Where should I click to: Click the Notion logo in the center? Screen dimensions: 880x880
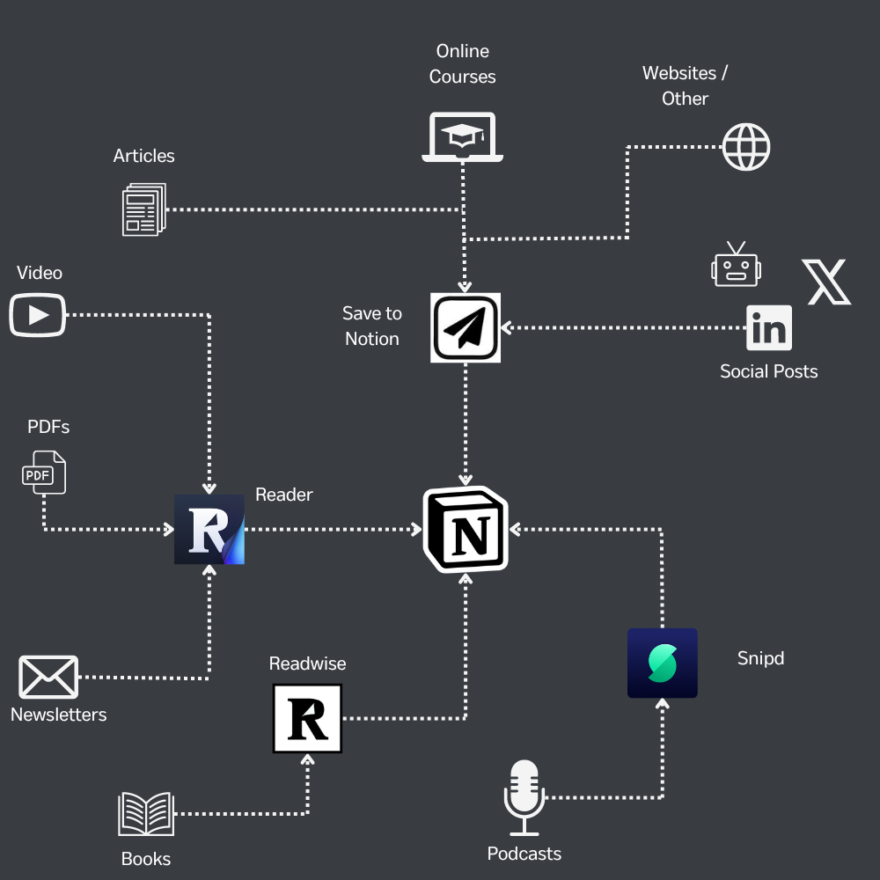466,530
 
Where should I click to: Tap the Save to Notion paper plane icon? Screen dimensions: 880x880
466,327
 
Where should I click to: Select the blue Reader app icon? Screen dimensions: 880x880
209,529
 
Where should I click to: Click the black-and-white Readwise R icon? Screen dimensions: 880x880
307,719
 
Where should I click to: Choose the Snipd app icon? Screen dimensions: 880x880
662,663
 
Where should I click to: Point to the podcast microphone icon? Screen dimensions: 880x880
524,797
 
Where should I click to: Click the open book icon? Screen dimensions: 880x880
146,814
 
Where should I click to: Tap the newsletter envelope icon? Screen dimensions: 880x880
48,678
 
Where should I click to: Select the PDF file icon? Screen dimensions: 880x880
43,473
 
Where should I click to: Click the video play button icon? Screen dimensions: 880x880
38,314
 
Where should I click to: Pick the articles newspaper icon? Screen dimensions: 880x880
143,209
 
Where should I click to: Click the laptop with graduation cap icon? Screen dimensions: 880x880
463,137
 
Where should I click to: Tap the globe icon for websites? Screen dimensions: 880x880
746,146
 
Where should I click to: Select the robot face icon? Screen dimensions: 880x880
736,265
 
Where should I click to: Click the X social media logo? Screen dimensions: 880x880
826,282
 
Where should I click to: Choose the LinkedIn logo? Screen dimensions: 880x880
769,328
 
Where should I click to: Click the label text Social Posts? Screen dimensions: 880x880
768,371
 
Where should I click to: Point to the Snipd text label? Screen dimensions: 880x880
760,658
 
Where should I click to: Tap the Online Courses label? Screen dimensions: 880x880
462,64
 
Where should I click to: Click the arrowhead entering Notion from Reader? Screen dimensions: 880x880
416,530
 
